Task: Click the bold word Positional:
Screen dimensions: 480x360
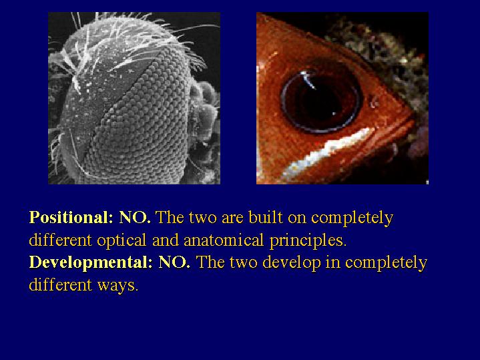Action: (x=71, y=218)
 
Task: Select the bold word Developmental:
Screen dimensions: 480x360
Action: (x=91, y=262)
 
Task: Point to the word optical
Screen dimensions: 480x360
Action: (x=122, y=240)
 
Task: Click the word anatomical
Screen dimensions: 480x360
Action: (x=224, y=240)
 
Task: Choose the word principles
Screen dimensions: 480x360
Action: (x=308, y=240)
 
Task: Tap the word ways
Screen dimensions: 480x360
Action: (x=117, y=286)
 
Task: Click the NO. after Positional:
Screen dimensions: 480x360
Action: (x=135, y=218)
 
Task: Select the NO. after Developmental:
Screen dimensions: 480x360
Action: (x=174, y=262)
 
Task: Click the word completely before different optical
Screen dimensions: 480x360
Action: (x=352, y=218)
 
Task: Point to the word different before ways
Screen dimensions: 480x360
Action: (x=60, y=285)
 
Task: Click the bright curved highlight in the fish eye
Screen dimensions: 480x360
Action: (x=308, y=79)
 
